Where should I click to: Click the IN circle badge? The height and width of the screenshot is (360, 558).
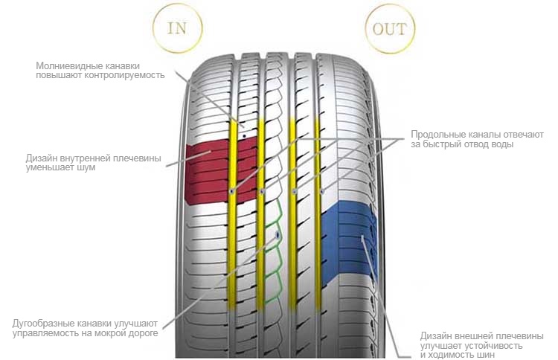click(x=177, y=28)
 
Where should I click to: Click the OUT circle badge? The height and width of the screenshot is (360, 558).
click(x=390, y=28)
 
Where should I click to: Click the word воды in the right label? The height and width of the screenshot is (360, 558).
click(x=501, y=144)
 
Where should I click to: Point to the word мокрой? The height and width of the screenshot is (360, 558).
click(x=110, y=334)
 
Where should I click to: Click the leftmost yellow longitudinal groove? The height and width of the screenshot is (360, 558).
click(x=231, y=213)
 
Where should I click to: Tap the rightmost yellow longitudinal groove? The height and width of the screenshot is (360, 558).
click(x=318, y=213)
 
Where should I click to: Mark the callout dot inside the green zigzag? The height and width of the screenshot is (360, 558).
click(x=278, y=235)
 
